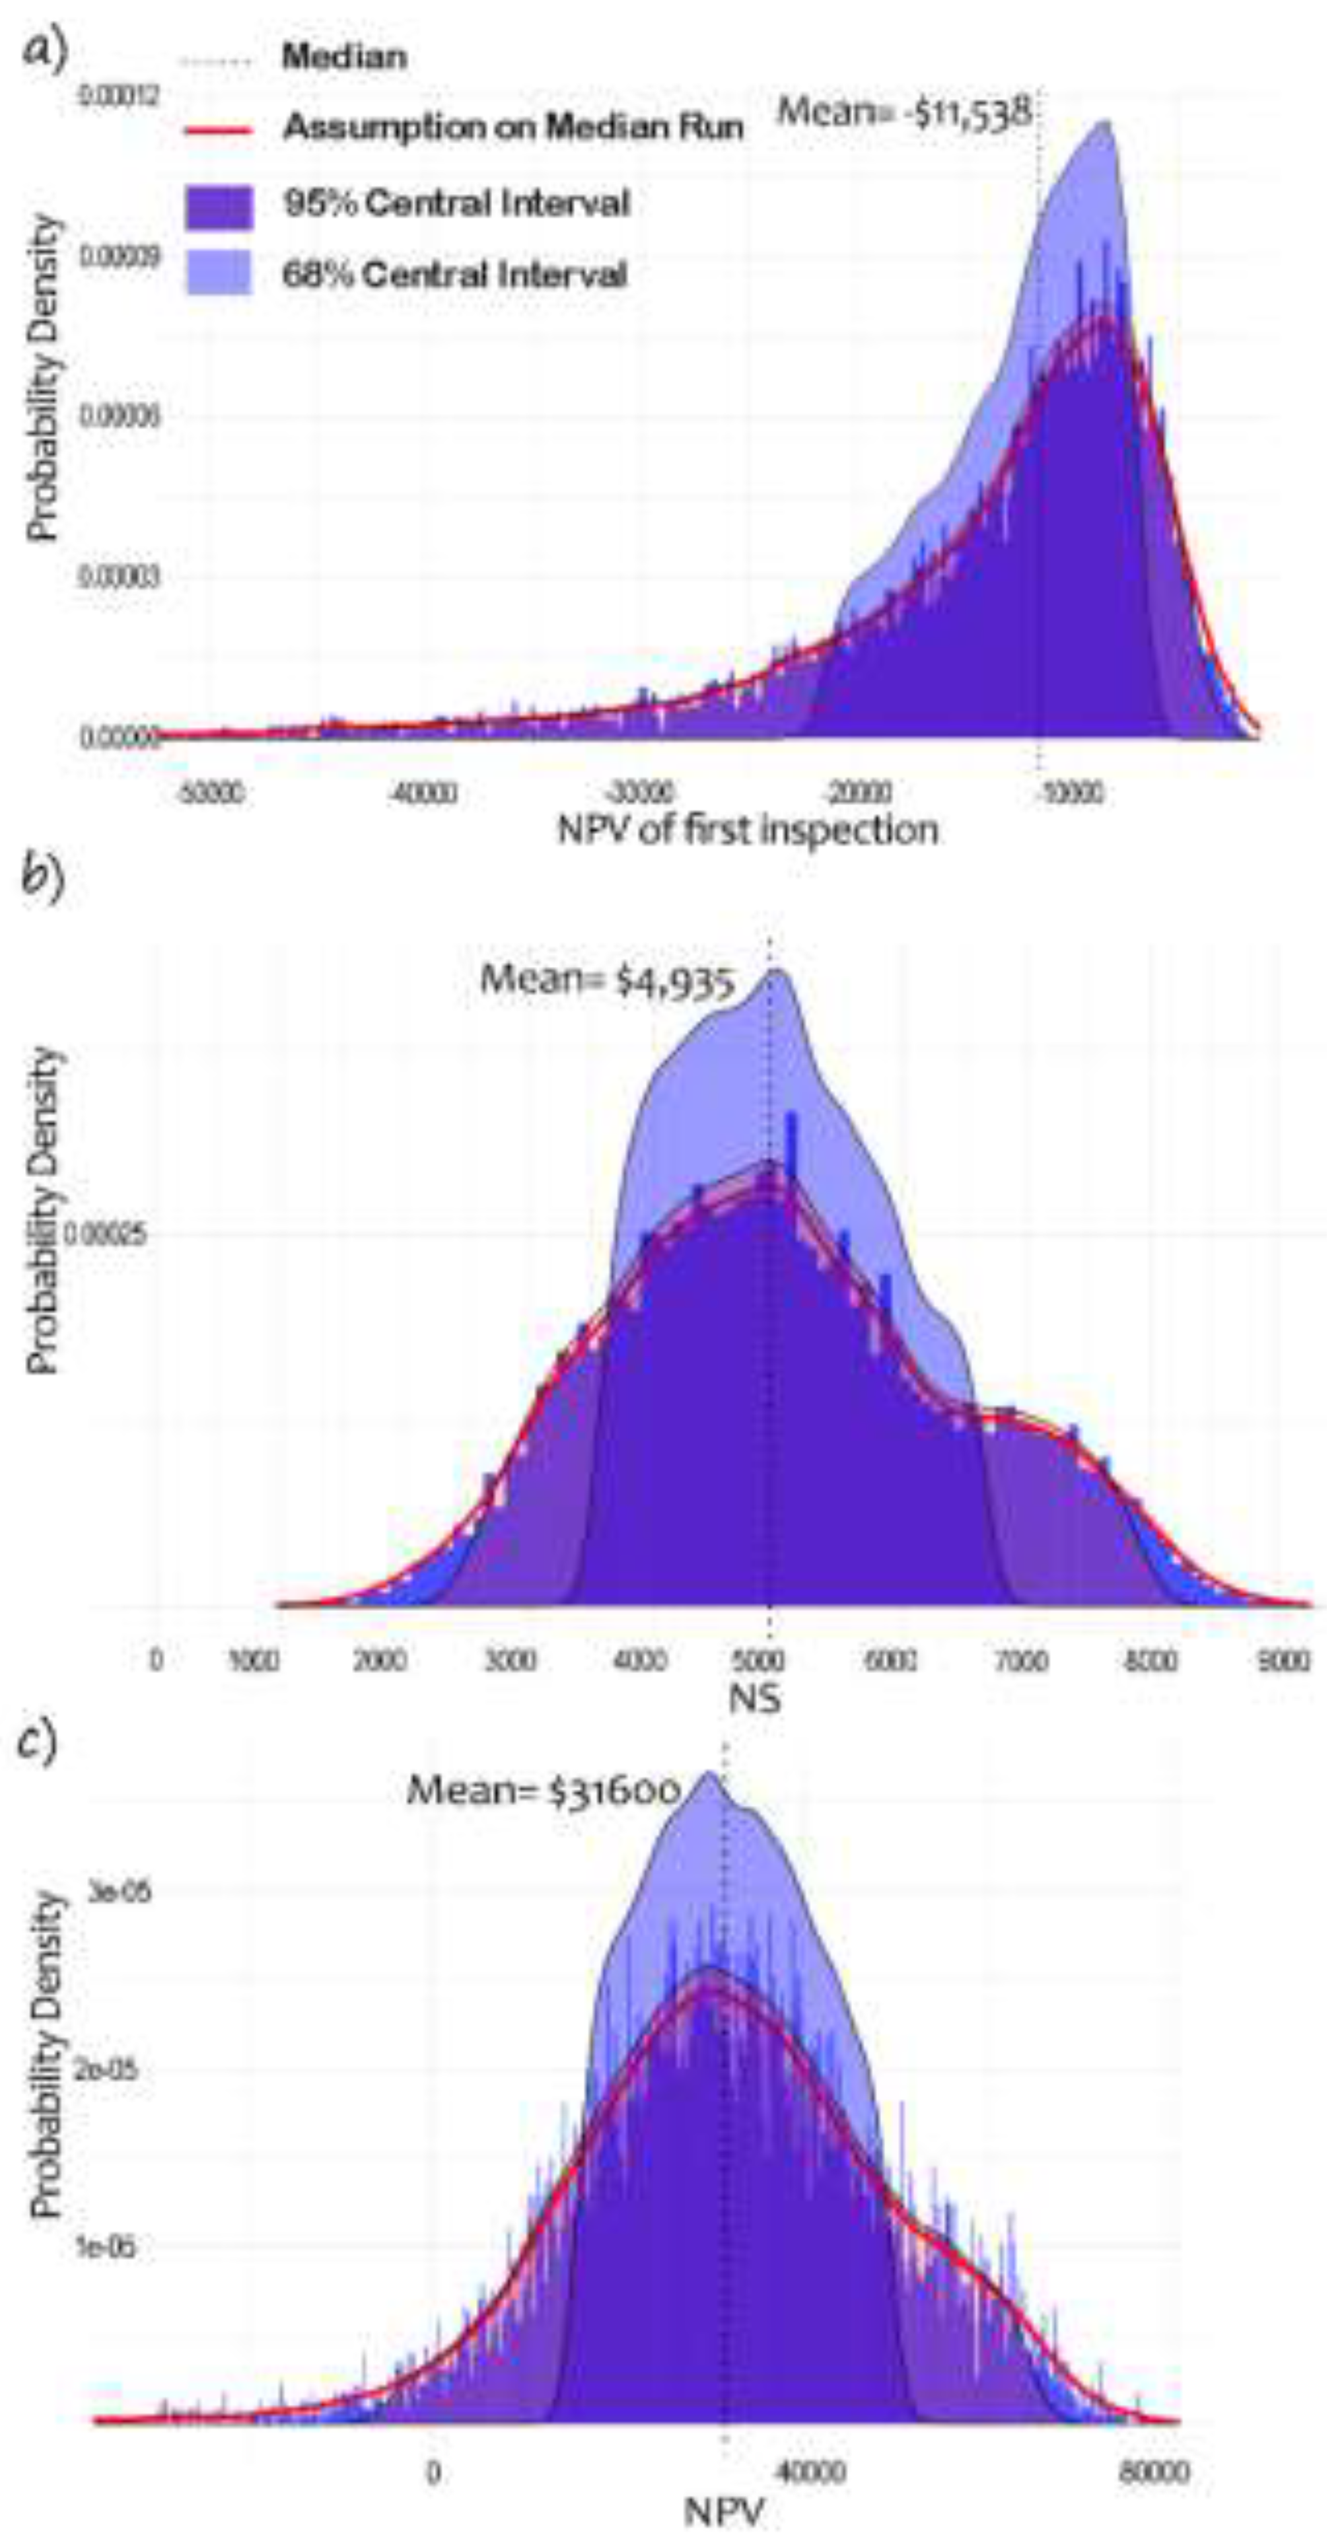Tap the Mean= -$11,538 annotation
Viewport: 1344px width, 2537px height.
[x=904, y=112]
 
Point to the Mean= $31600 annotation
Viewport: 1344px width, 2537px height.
[x=544, y=1791]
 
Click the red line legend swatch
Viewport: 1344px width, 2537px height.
[x=219, y=128]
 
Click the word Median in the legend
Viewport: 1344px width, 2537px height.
[x=343, y=57]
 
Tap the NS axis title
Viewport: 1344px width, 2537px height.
[x=755, y=1697]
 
